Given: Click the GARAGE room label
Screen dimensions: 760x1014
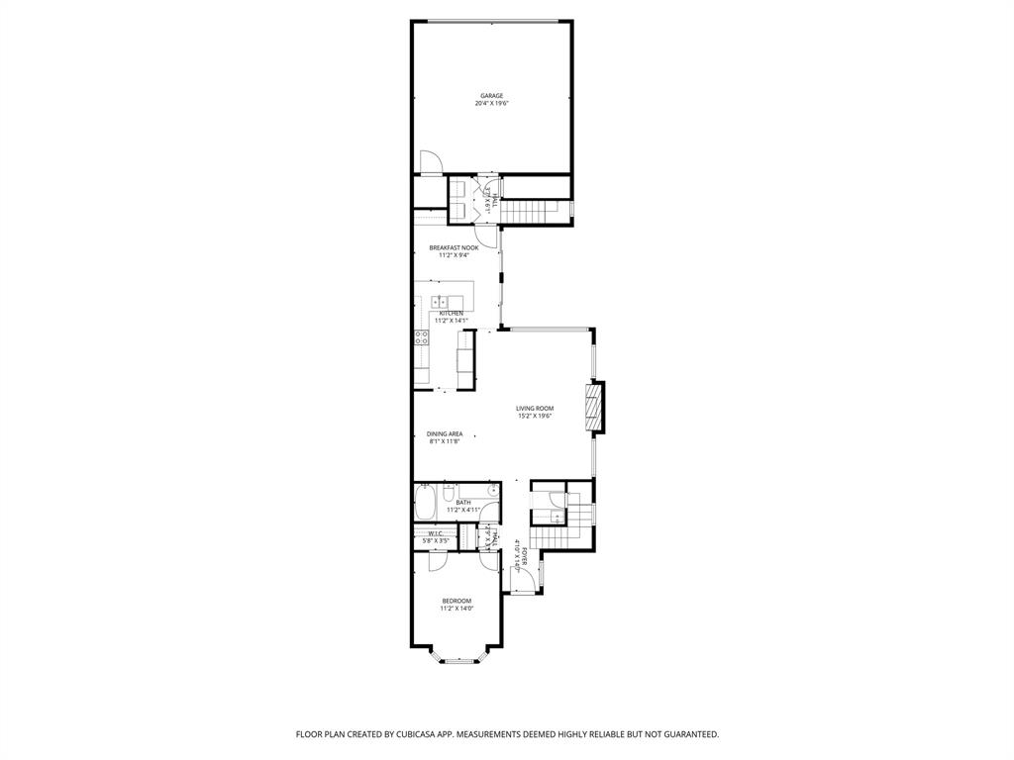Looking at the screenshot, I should tap(492, 96).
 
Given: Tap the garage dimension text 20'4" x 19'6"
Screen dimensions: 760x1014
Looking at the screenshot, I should tap(492, 104).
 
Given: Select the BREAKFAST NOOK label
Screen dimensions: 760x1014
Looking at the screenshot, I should tap(454, 247).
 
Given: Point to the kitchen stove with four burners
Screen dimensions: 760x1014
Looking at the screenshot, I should tap(421, 340).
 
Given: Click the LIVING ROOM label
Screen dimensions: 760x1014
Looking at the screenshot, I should tap(534, 408).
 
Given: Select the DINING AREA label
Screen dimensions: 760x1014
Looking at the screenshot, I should tap(445, 433).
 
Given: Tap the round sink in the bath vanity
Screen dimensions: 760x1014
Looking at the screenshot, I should tap(490, 490).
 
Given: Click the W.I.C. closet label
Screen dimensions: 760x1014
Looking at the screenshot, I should tap(436, 534).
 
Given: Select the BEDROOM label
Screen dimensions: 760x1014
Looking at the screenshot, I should tap(456, 601).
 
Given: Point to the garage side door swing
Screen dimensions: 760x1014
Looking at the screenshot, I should tap(432, 161).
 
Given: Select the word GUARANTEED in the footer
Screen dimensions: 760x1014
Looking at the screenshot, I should tap(686, 734).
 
